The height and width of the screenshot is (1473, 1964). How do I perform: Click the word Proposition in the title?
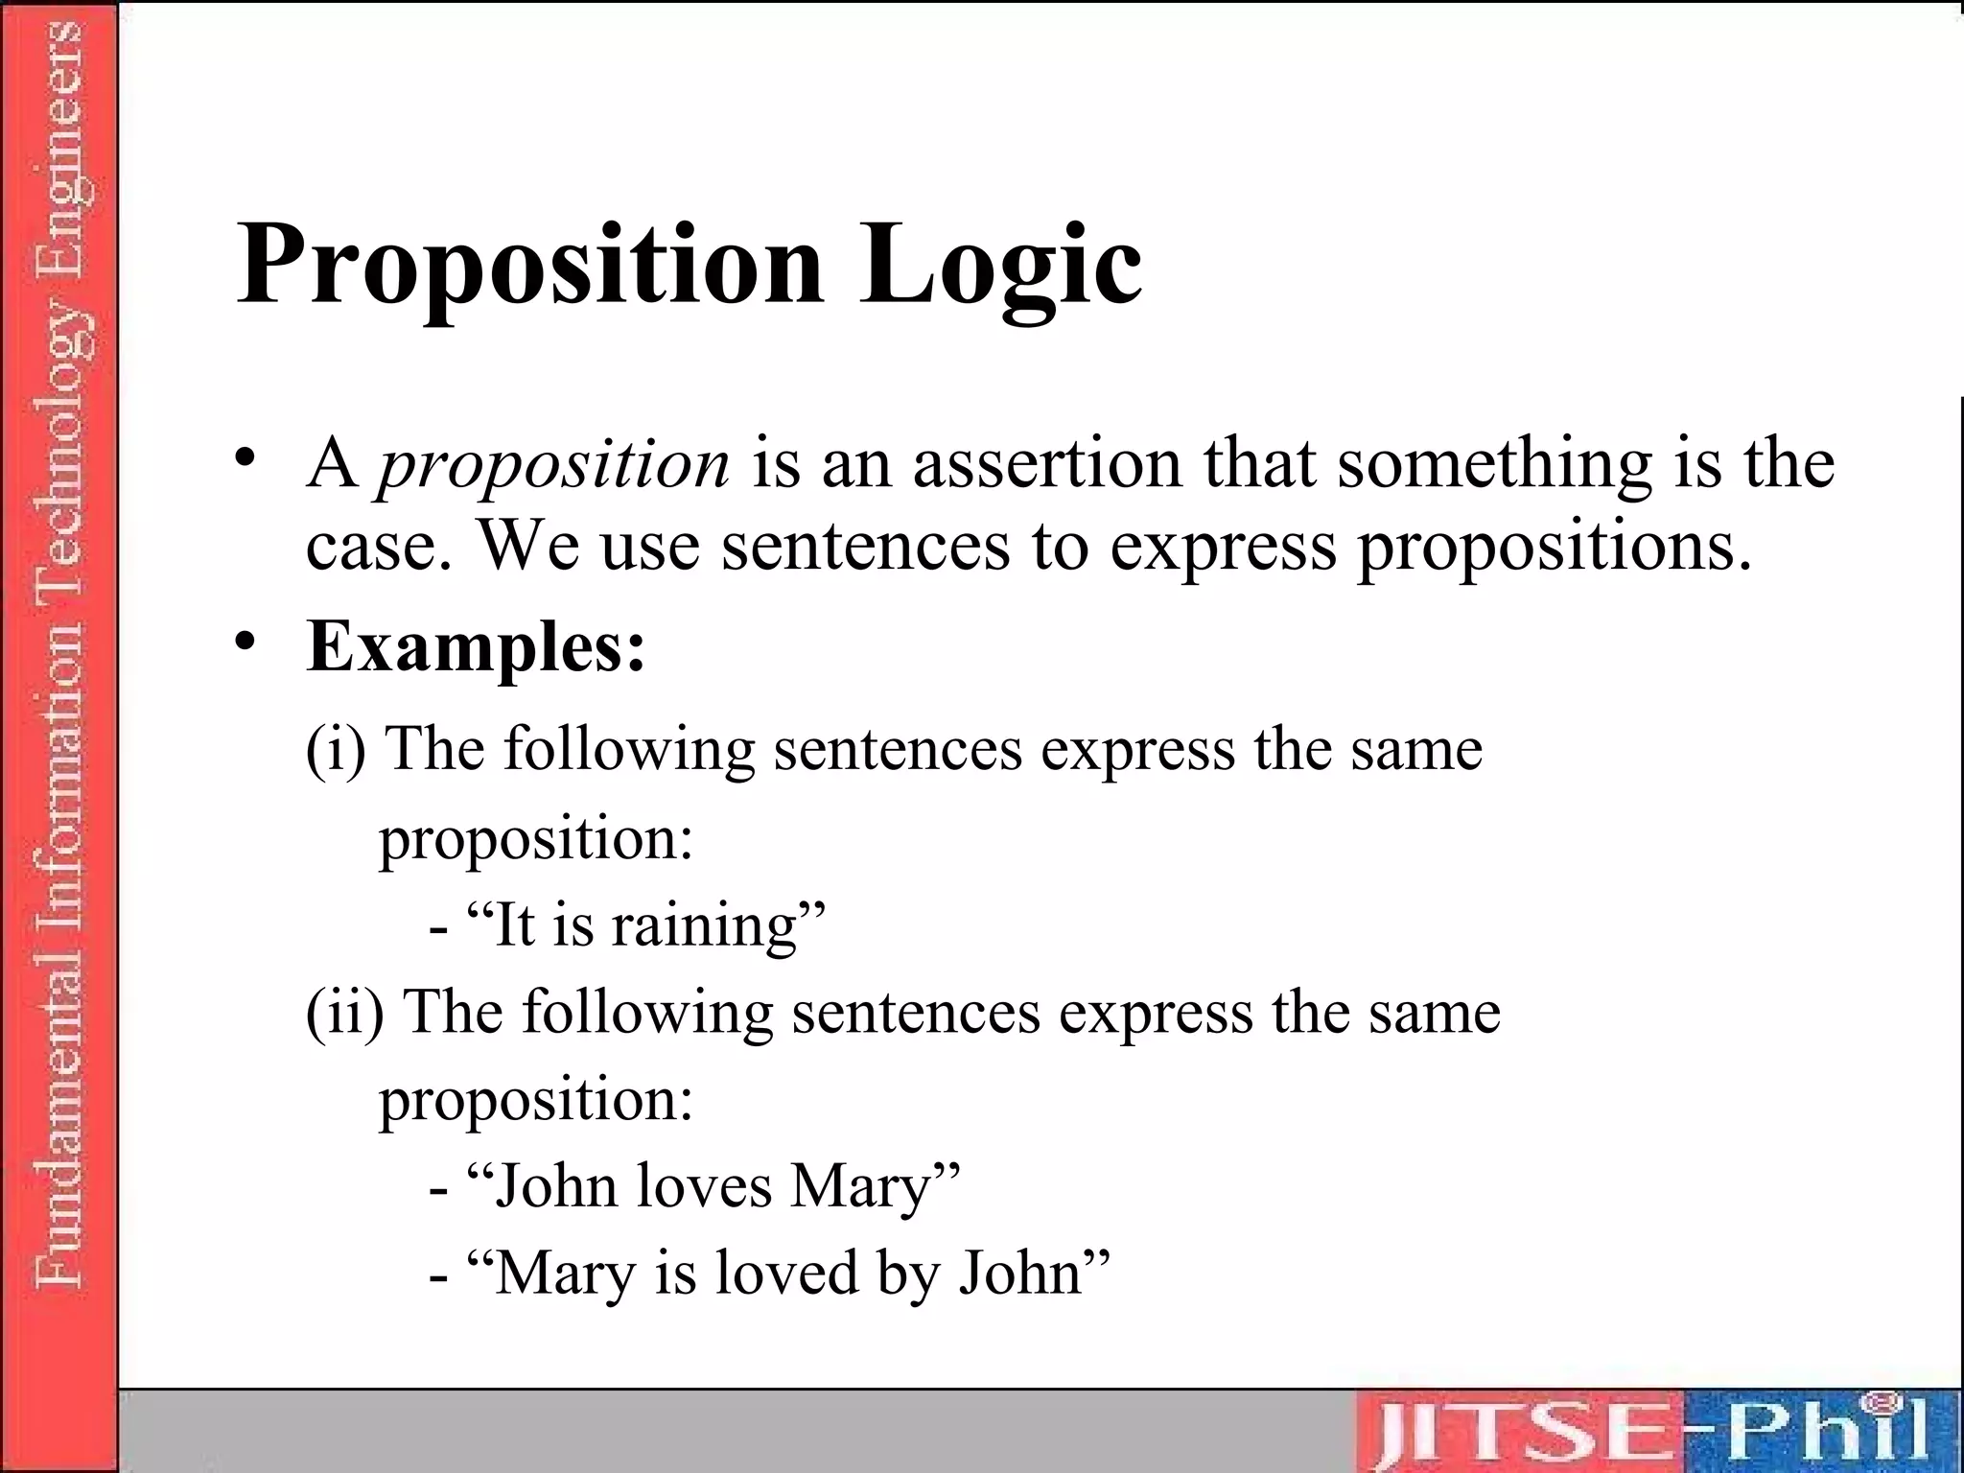(530, 264)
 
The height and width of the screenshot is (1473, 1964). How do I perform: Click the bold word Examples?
(476, 648)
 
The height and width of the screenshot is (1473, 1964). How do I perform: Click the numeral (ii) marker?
(344, 1013)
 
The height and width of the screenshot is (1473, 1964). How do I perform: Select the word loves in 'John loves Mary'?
(704, 1186)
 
